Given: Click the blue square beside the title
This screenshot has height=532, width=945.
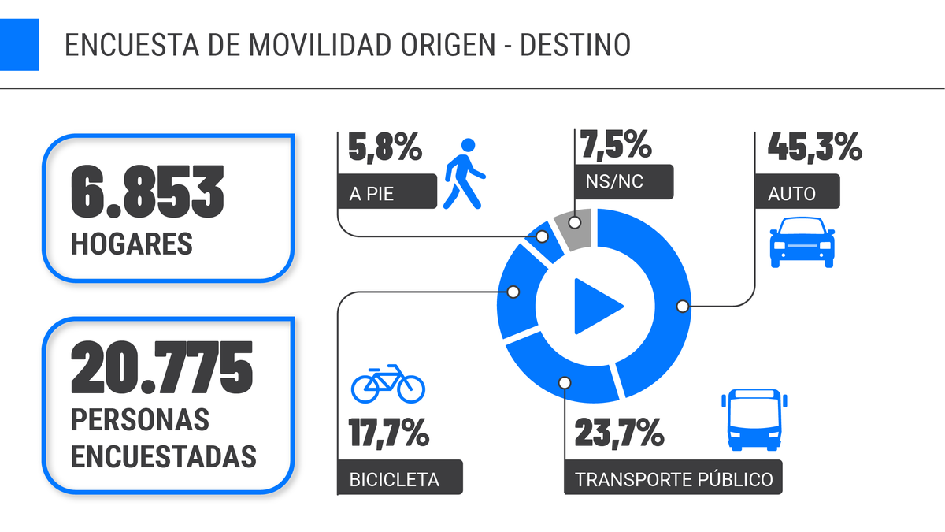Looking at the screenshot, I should [19, 44].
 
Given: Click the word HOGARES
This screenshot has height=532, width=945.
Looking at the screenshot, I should [132, 244].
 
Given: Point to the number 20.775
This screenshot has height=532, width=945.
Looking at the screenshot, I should [162, 368].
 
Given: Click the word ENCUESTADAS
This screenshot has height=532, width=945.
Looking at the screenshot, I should [164, 456].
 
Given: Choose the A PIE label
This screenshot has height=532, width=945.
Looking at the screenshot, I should [371, 194].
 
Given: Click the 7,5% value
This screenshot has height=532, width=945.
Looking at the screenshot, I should [615, 146].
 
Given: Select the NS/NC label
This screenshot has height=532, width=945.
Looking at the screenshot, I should [614, 182].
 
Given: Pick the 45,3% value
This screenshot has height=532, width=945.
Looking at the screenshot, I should [814, 146].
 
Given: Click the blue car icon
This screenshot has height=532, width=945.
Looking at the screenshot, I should [802, 240].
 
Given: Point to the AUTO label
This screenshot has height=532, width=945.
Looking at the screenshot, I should [791, 194].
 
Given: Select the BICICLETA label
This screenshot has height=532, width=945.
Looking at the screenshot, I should [394, 479].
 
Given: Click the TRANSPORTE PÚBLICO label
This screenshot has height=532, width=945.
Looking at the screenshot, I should [673, 479].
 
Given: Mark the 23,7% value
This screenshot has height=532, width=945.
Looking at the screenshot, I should [619, 433].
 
